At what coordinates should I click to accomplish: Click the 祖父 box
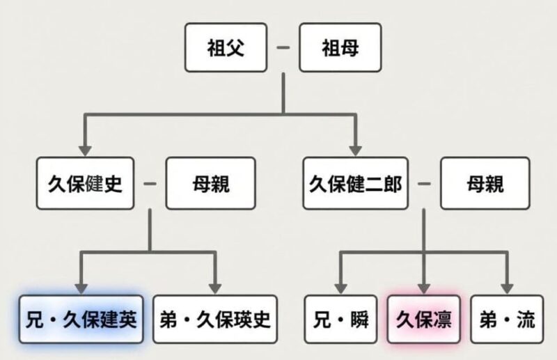click(x=226, y=48)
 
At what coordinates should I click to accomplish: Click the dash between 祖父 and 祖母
click(x=283, y=48)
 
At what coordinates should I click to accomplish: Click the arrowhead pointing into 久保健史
click(x=86, y=149)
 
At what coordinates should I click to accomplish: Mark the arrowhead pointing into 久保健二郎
click(x=355, y=149)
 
